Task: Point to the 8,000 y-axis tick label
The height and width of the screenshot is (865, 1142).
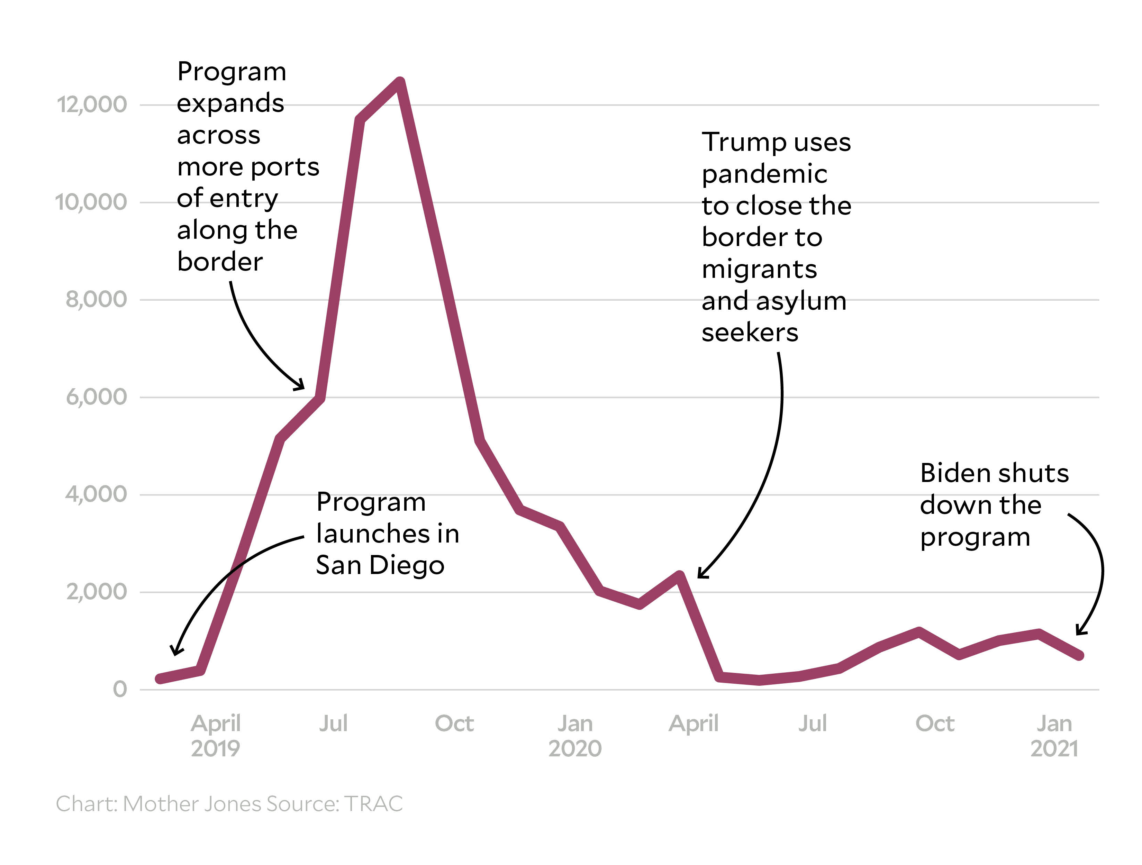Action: click(x=96, y=299)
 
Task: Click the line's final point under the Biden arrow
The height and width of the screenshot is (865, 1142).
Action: click(x=1079, y=655)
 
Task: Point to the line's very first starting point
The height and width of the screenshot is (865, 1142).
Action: click(x=160, y=679)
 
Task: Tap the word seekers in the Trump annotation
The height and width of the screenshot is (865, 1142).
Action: click(x=750, y=333)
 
